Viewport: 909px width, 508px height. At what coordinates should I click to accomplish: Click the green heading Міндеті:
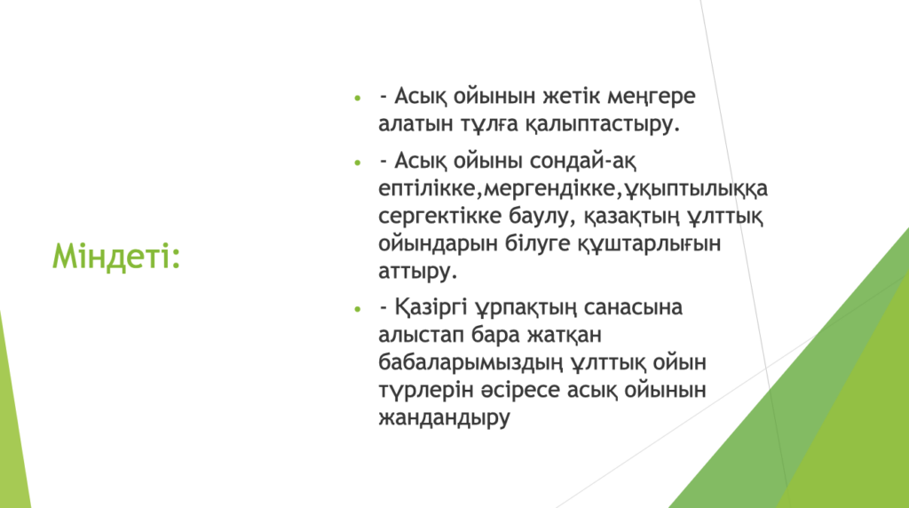click(116, 257)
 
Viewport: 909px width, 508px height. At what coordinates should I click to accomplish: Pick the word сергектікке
click(440, 217)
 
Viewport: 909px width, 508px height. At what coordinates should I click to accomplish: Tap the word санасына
click(633, 307)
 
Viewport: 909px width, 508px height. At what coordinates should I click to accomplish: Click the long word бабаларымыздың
click(470, 362)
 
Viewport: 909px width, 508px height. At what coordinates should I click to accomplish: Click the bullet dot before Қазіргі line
click(358, 309)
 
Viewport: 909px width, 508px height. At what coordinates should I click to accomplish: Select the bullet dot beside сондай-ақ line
click(358, 163)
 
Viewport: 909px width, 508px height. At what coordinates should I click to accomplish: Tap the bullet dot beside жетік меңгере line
click(358, 98)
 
